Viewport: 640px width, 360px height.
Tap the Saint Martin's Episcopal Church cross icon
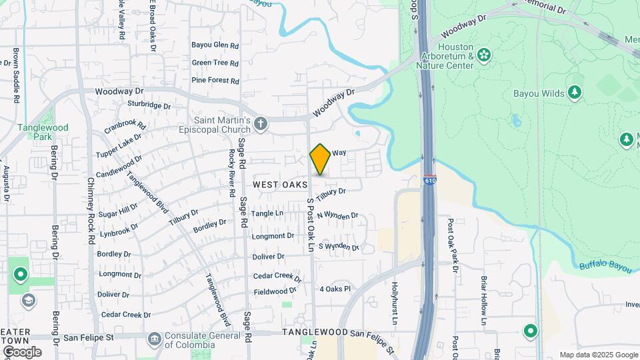(x=261, y=123)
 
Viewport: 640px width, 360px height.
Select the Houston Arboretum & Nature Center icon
(x=483, y=53)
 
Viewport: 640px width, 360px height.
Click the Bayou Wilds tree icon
(x=573, y=93)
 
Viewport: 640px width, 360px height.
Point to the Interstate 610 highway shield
(x=429, y=180)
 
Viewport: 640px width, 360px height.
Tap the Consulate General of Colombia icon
(x=155, y=339)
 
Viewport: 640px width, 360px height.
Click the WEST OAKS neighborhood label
(x=280, y=184)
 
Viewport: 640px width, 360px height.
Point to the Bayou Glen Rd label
(x=215, y=46)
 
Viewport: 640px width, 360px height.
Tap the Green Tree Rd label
(x=215, y=63)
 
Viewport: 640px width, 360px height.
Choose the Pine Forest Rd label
(x=215, y=81)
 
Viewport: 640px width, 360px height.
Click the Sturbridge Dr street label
(x=149, y=105)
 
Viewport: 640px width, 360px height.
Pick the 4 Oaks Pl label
(x=335, y=289)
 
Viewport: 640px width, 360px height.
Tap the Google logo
(x=22, y=352)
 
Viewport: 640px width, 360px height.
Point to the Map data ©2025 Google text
(x=598, y=355)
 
